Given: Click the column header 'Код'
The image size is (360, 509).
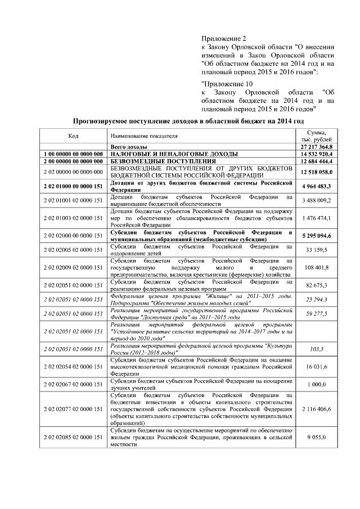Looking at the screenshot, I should (x=73, y=136).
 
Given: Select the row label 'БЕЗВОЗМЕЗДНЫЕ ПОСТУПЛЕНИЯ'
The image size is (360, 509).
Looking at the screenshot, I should (x=154, y=161).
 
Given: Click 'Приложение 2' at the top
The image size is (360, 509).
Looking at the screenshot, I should (x=220, y=39).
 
